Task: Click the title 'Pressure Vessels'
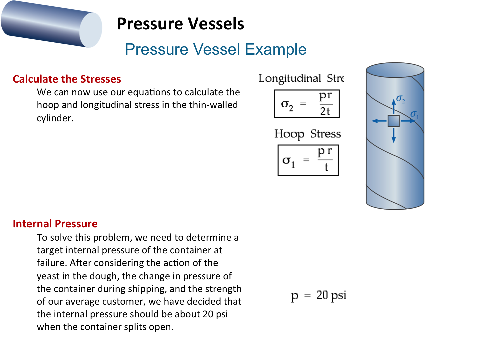(x=180, y=24)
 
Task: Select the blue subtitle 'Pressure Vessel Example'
(x=215, y=49)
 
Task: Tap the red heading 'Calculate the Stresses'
(x=67, y=79)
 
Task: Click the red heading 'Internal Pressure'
(x=55, y=224)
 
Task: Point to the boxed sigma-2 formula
(x=307, y=104)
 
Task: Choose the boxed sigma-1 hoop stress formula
(x=308, y=160)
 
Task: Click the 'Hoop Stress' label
(x=307, y=134)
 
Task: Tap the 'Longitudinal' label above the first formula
(x=290, y=79)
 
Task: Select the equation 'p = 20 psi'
(x=318, y=296)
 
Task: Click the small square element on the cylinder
(x=394, y=121)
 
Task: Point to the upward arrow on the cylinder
(x=394, y=106)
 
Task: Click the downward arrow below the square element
(x=394, y=136)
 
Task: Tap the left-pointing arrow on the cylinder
(x=379, y=121)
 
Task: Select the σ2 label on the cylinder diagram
(x=401, y=99)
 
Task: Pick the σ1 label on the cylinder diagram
(x=415, y=115)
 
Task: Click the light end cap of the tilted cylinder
(x=91, y=30)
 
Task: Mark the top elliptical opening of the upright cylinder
(x=395, y=70)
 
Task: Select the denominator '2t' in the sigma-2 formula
(x=325, y=111)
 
